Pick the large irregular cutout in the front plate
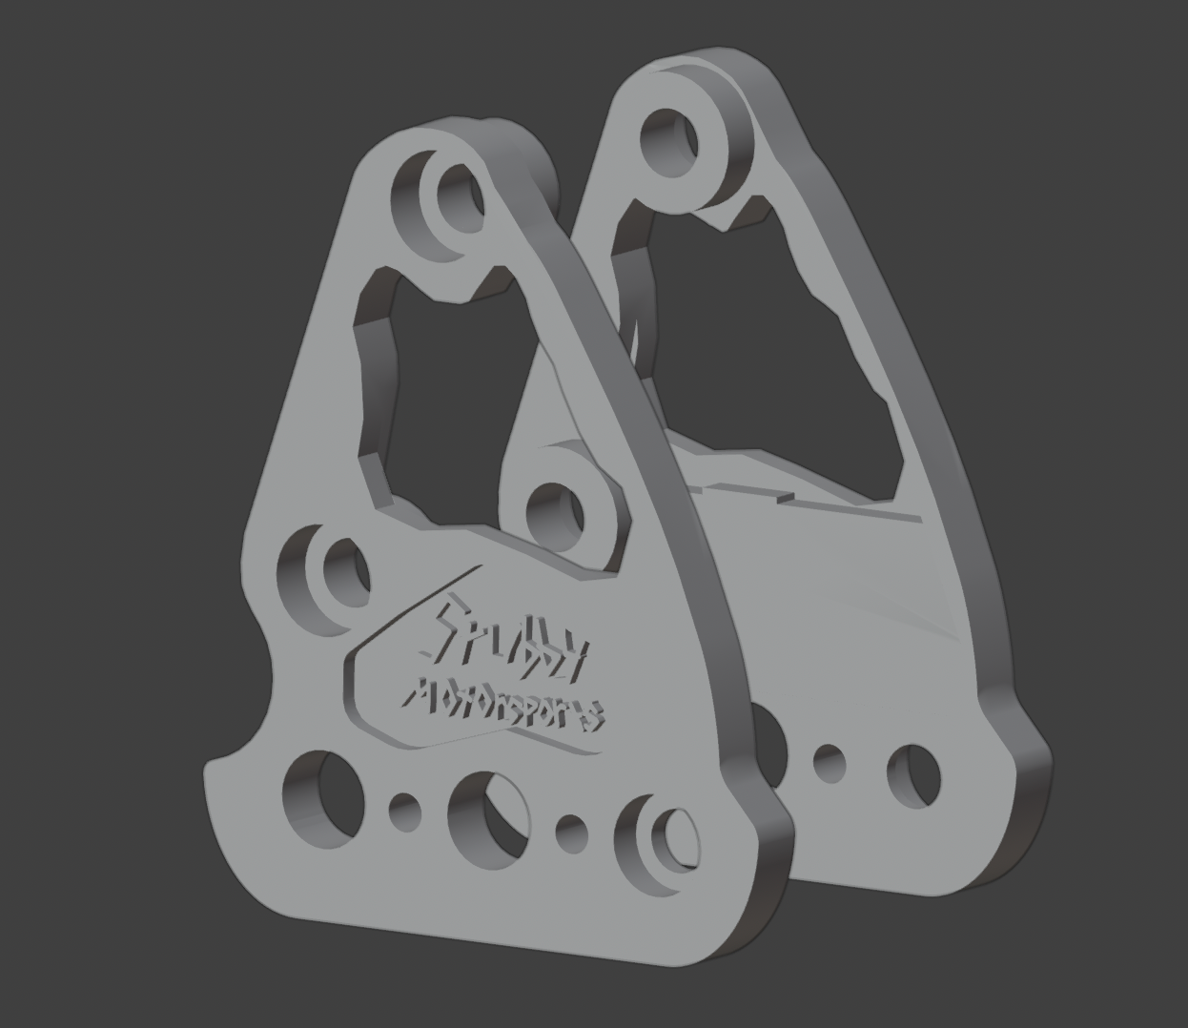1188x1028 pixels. point(443,381)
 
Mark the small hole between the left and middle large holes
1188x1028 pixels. point(405,810)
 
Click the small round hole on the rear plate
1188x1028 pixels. point(829,762)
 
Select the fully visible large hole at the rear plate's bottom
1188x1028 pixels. point(913,773)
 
